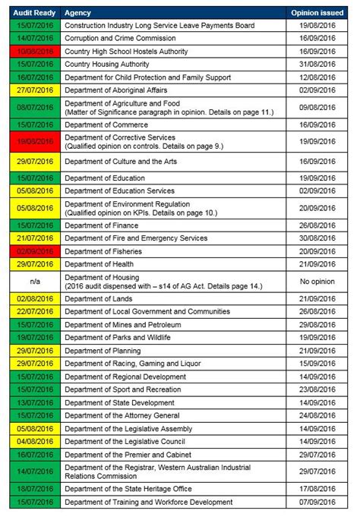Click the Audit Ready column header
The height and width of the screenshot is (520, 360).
click(x=34, y=13)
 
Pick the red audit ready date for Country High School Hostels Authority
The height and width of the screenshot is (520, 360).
click(x=34, y=50)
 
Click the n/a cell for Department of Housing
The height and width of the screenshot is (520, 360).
click(x=34, y=281)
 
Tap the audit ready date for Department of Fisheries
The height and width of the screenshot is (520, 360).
click(x=34, y=251)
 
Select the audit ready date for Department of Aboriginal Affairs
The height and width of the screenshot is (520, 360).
click(x=34, y=90)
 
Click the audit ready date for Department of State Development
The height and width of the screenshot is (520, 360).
click(x=34, y=402)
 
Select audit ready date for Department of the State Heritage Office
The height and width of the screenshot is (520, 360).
click(x=34, y=489)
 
